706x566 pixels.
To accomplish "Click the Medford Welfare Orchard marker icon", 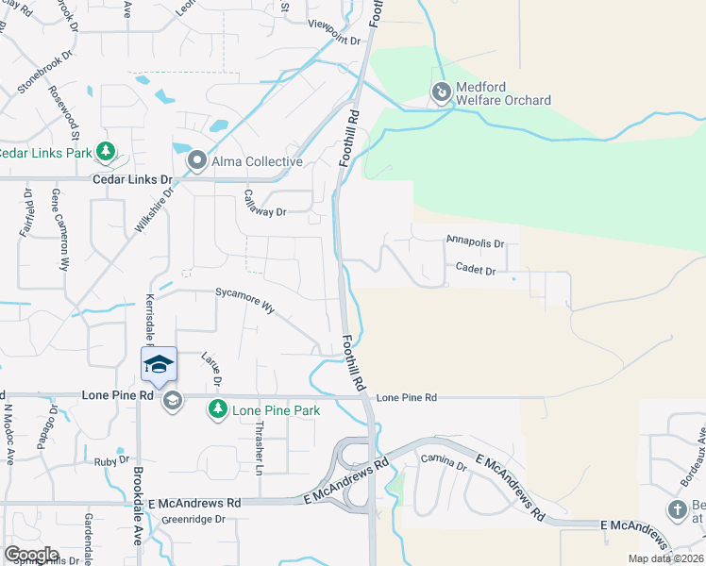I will (x=440, y=92).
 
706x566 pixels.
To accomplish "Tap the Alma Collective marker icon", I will (x=197, y=161).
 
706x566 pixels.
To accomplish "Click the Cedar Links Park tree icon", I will (x=107, y=151).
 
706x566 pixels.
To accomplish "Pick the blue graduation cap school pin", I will (x=159, y=363).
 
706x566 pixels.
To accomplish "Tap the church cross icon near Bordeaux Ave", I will (x=676, y=511).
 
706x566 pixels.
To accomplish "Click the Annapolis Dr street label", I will (x=476, y=242).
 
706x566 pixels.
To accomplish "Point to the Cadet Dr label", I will (x=476, y=270).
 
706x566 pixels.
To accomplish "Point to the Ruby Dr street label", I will (x=111, y=461).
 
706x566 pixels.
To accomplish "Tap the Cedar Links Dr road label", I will (x=132, y=178).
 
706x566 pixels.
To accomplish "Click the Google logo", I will (x=31, y=555).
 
